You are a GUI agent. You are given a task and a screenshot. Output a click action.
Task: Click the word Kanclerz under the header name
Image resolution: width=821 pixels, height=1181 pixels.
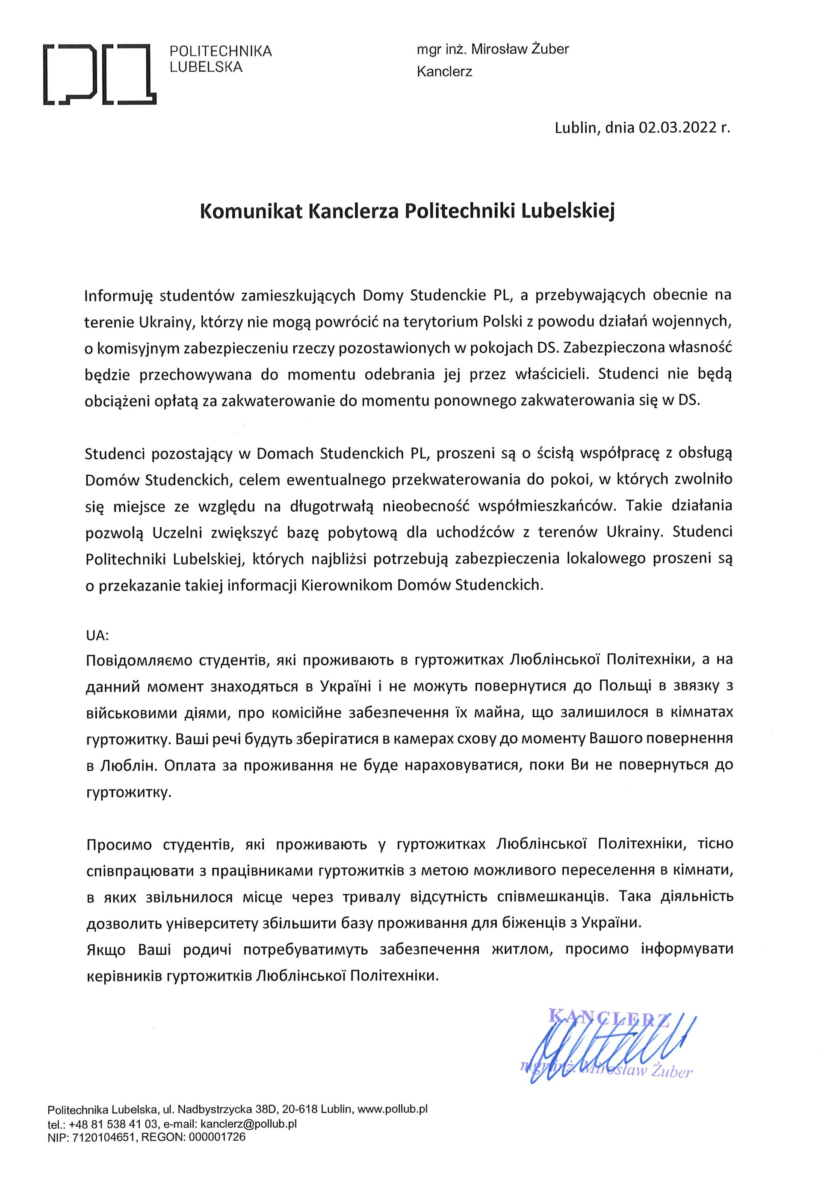[444, 71]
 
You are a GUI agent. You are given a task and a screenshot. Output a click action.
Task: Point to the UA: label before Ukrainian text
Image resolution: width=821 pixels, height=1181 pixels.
[97, 635]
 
